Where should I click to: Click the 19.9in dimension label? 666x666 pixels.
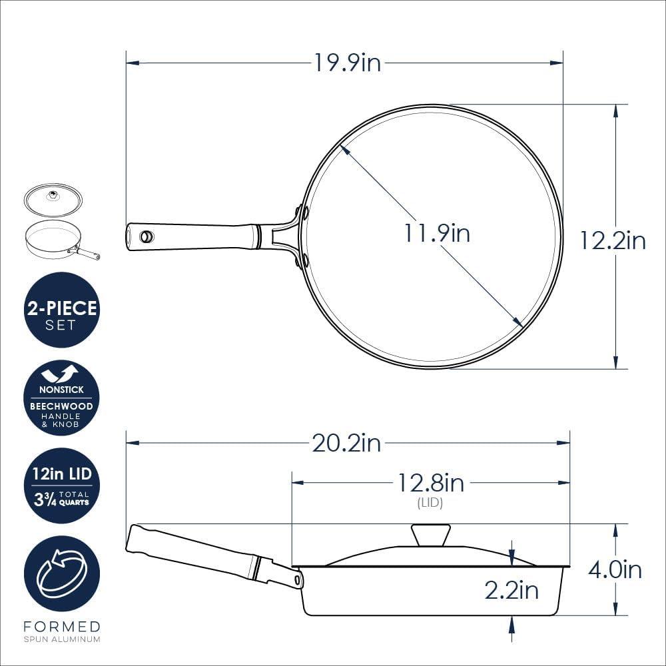pos(348,63)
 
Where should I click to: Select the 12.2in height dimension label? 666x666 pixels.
pos(612,240)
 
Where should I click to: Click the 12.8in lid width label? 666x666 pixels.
pos(431,482)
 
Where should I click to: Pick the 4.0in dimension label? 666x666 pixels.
pos(615,570)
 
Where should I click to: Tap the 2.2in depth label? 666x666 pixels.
pos(511,590)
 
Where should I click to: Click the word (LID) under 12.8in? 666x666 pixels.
pos(430,503)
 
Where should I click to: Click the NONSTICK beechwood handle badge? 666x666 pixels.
pos(61,398)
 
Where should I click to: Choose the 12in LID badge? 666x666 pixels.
pos(61,486)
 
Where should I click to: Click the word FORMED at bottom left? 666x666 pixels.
pos(61,627)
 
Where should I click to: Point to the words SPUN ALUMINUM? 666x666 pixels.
pos(61,639)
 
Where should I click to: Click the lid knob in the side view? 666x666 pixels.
pos(430,535)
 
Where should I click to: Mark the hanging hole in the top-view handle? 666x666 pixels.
pos(147,236)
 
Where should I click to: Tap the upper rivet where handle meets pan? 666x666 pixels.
pos(305,214)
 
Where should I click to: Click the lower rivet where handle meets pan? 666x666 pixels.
pos(305,259)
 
